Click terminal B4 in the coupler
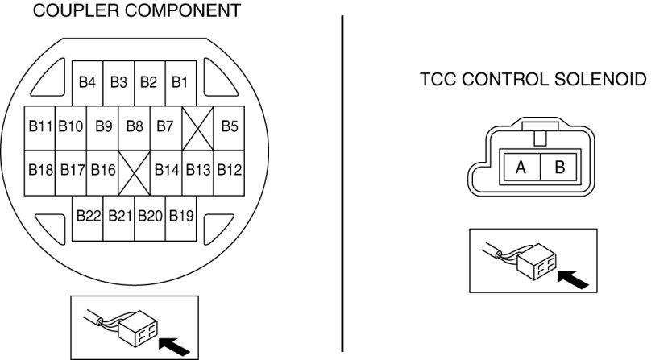[x=88, y=82]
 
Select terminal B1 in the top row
[x=180, y=82]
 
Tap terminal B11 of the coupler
[x=40, y=126]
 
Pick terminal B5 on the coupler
[x=230, y=126]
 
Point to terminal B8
[x=135, y=126]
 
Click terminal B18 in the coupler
[x=40, y=170]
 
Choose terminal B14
[x=166, y=170]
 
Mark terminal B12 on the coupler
[x=230, y=170]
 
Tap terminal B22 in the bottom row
[x=88, y=216]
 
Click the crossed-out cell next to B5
[x=197, y=127]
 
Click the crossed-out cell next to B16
[x=135, y=172]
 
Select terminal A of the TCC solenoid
[x=521, y=168]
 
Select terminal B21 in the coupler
[x=119, y=216]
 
